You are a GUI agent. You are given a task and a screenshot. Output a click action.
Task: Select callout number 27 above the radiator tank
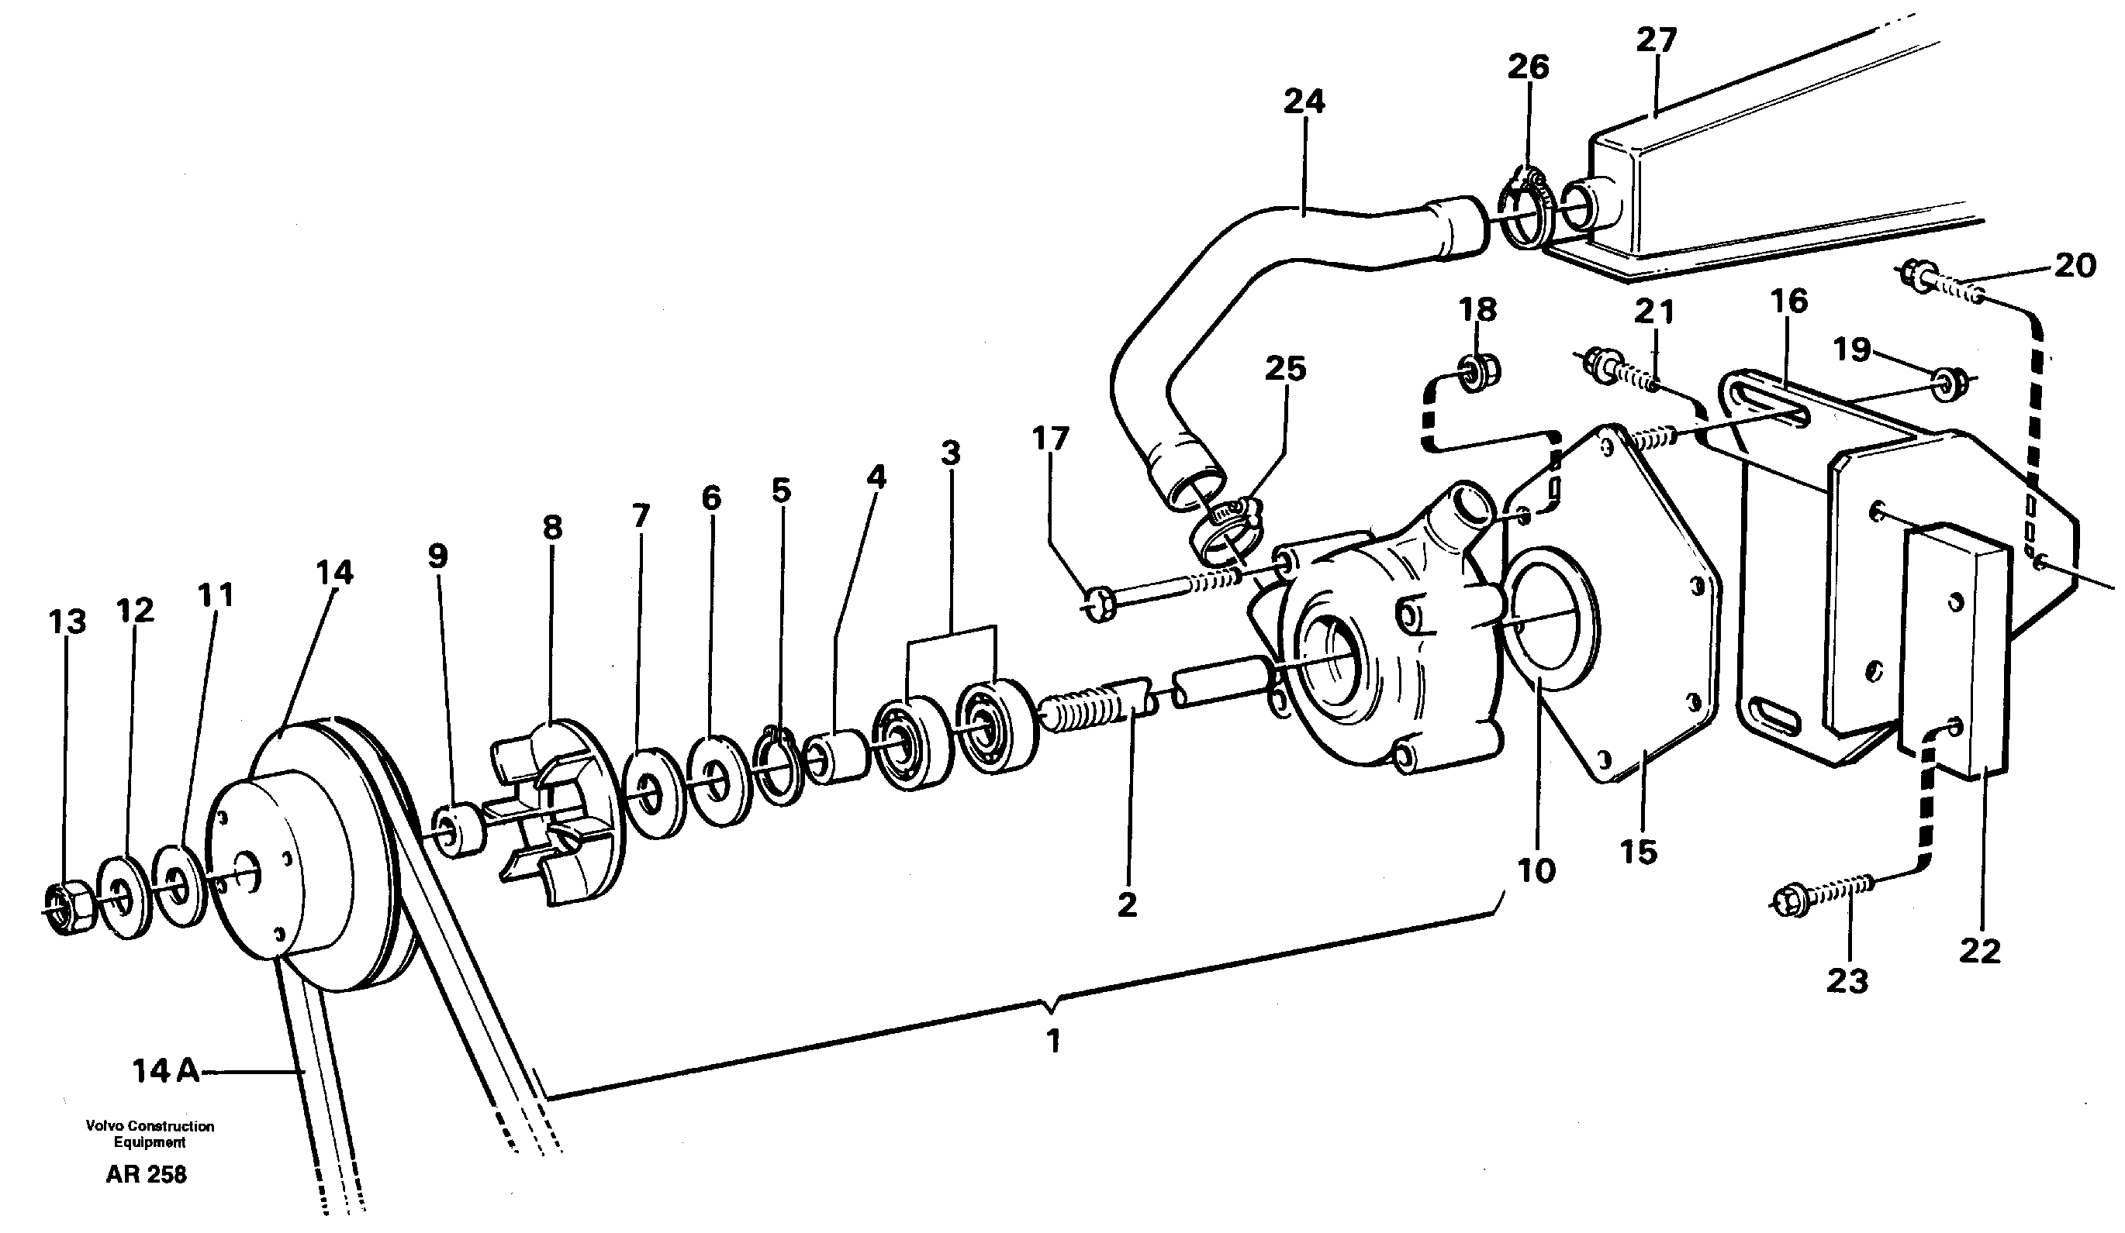coord(1657,40)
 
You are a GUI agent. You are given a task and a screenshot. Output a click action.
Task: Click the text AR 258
coord(146,1175)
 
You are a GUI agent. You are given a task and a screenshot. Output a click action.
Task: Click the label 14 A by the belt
coord(165,1071)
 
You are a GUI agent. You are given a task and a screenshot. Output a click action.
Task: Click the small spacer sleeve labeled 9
coord(457,832)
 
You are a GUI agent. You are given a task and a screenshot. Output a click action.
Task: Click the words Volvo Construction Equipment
coord(150,1134)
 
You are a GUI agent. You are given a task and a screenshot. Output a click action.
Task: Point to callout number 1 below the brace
coord(1052,1042)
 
